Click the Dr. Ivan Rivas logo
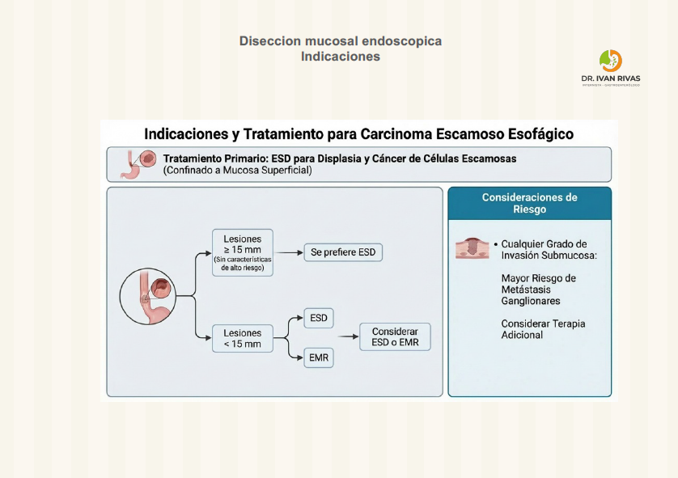pyautogui.click(x=611, y=66)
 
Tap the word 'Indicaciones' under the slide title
pyautogui.click(x=340, y=57)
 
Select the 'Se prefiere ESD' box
pyautogui.click(x=343, y=252)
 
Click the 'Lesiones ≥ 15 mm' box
pyautogui.click(x=243, y=252)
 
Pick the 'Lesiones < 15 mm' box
pyautogui.click(x=243, y=338)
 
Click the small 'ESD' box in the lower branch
pyautogui.click(x=319, y=318)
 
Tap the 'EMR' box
pyautogui.click(x=319, y=357)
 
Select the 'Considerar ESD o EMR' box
pyautogui.click(x=395, y=337)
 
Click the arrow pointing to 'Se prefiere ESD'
pyautogui.click(x=288, y=252)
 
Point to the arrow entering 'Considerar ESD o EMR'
pyautogui.click(x=348, y=337)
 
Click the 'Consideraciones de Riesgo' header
pyautogui.click(x=529, y=203)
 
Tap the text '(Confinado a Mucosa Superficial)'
pyautogui.click(x=237, y=171)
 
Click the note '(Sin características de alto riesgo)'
pyautogui.click(x=243, y=263)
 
